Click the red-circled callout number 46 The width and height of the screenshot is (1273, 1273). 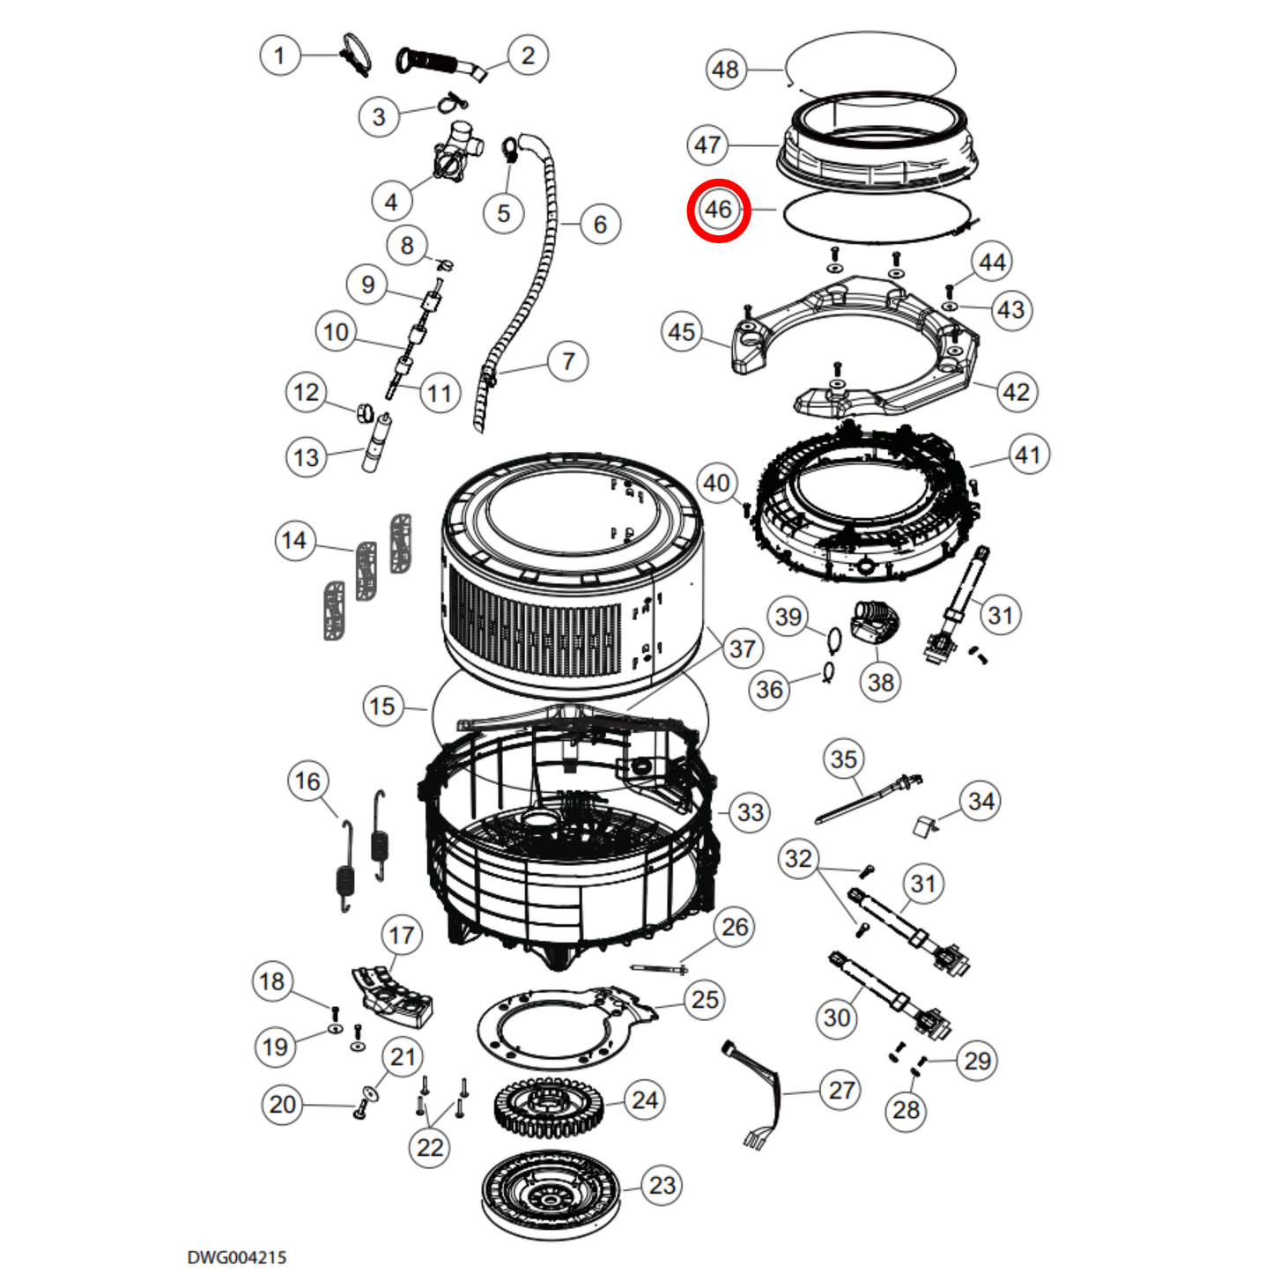(x=718, y=210)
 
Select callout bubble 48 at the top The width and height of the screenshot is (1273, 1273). (x=725, y=70)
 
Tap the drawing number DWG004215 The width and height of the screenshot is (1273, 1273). (x=236, y=1256)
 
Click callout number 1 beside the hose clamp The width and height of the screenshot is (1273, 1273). (x=279, y=56)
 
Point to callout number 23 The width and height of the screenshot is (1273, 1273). (x=662, y=1186)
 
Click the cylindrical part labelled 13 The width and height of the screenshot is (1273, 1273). (x=377, y=445)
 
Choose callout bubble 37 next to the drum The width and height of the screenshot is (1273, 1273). (x=742, y=649)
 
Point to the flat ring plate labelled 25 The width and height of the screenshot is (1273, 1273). (x=564, y=1026)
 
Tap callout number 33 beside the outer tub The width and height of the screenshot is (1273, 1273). (x=750, y=812)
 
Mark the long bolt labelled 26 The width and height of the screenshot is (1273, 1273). (x=658, y=969)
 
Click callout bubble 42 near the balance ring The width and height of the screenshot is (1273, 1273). (x=1016, y=392)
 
